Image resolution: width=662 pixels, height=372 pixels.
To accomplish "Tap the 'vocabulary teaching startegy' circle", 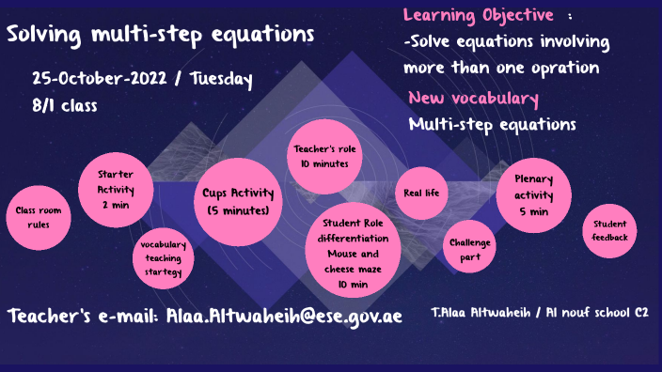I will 164,259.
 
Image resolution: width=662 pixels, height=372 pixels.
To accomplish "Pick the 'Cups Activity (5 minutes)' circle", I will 238,202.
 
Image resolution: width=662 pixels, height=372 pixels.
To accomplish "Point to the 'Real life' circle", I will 421,194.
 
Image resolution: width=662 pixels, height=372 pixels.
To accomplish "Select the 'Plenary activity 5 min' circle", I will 533,195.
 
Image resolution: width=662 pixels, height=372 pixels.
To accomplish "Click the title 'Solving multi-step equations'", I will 161,36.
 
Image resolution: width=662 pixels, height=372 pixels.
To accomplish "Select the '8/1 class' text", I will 64,106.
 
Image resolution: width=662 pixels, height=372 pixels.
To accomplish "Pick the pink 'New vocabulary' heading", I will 473,99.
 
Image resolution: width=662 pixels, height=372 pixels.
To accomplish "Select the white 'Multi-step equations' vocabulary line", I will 492,124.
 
